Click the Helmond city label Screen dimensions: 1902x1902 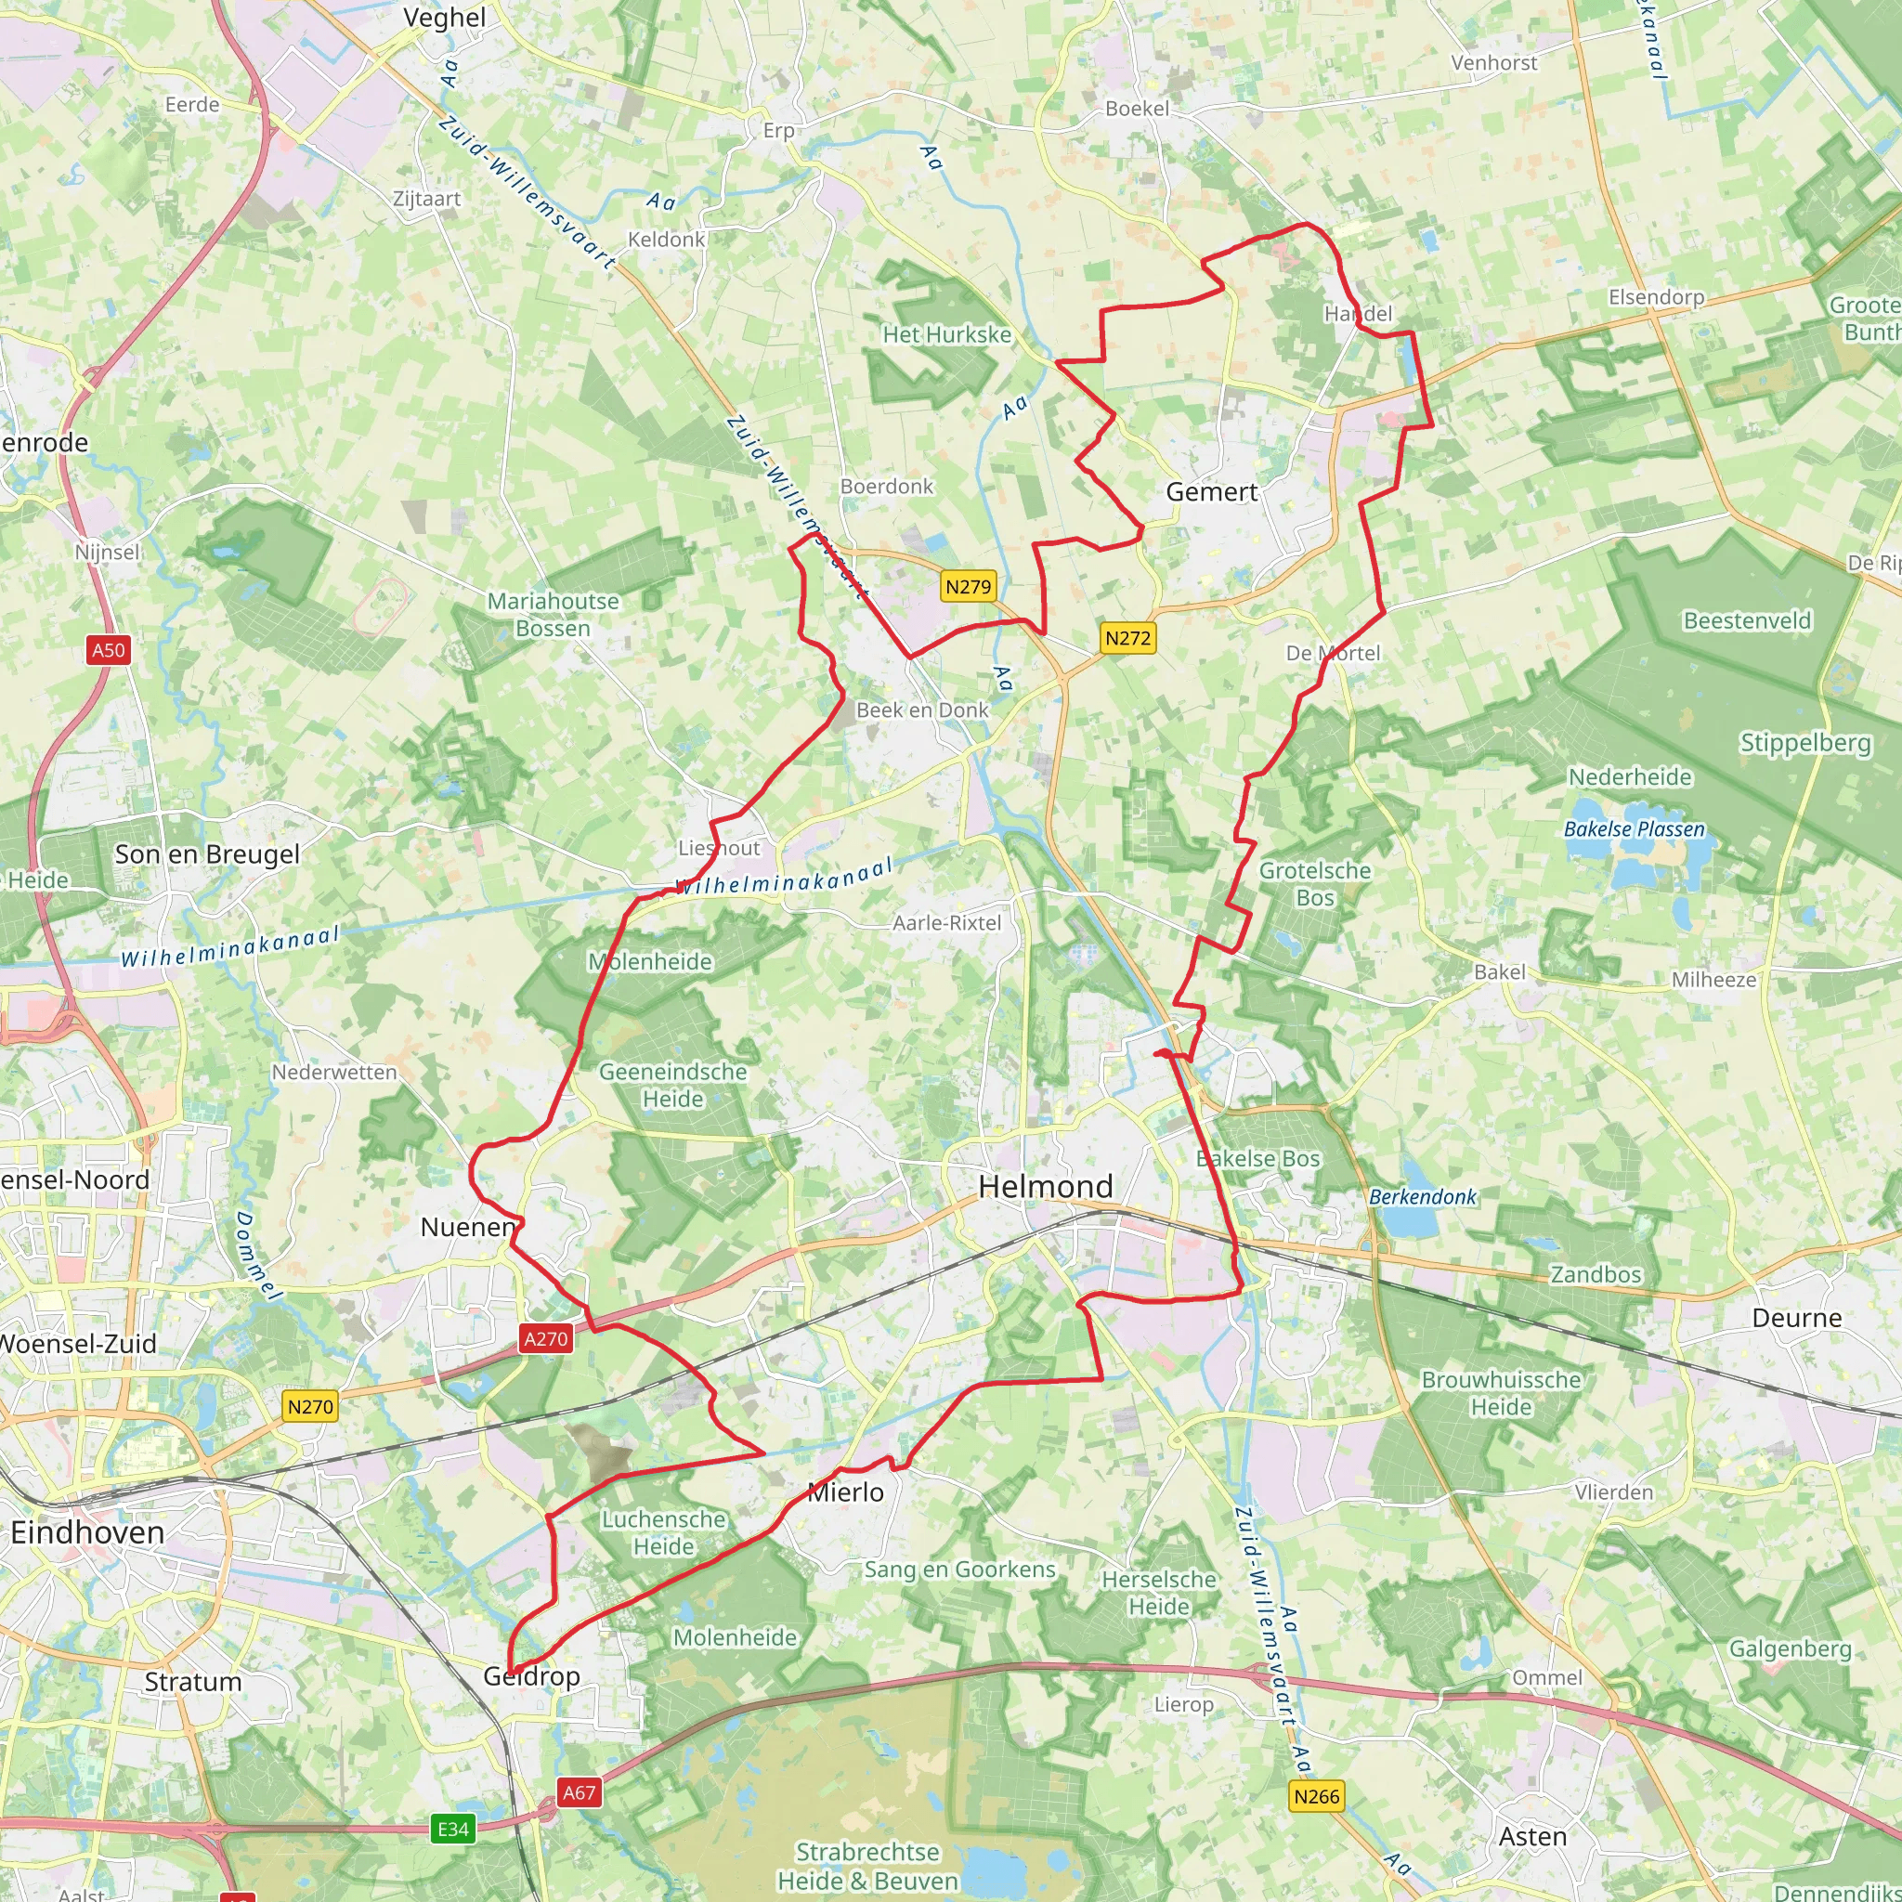point(1046,1186)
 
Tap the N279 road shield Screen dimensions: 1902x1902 point(968,587)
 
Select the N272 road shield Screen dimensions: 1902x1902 point(1127,638)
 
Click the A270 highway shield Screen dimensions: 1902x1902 point(545,1339)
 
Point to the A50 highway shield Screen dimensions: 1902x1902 point(109,650)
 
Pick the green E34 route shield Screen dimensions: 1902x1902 point(453,1830)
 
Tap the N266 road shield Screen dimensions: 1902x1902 point(1316,1797)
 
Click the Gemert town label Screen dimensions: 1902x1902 point(1211,492)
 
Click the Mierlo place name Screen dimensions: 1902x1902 point(846,1492)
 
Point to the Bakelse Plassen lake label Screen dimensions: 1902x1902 point(1635,829)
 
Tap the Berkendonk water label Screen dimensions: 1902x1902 point(1423,1197)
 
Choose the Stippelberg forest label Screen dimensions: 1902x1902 point(1805,743)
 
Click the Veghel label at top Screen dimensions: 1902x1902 point(445,18)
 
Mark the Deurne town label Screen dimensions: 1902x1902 point(1797,1318)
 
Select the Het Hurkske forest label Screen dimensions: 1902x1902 point(946,334)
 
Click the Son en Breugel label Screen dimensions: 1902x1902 point(207,854)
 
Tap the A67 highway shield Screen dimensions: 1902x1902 point(579,1791)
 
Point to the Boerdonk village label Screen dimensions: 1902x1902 point(886,487)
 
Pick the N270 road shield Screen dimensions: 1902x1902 point(310,1407)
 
